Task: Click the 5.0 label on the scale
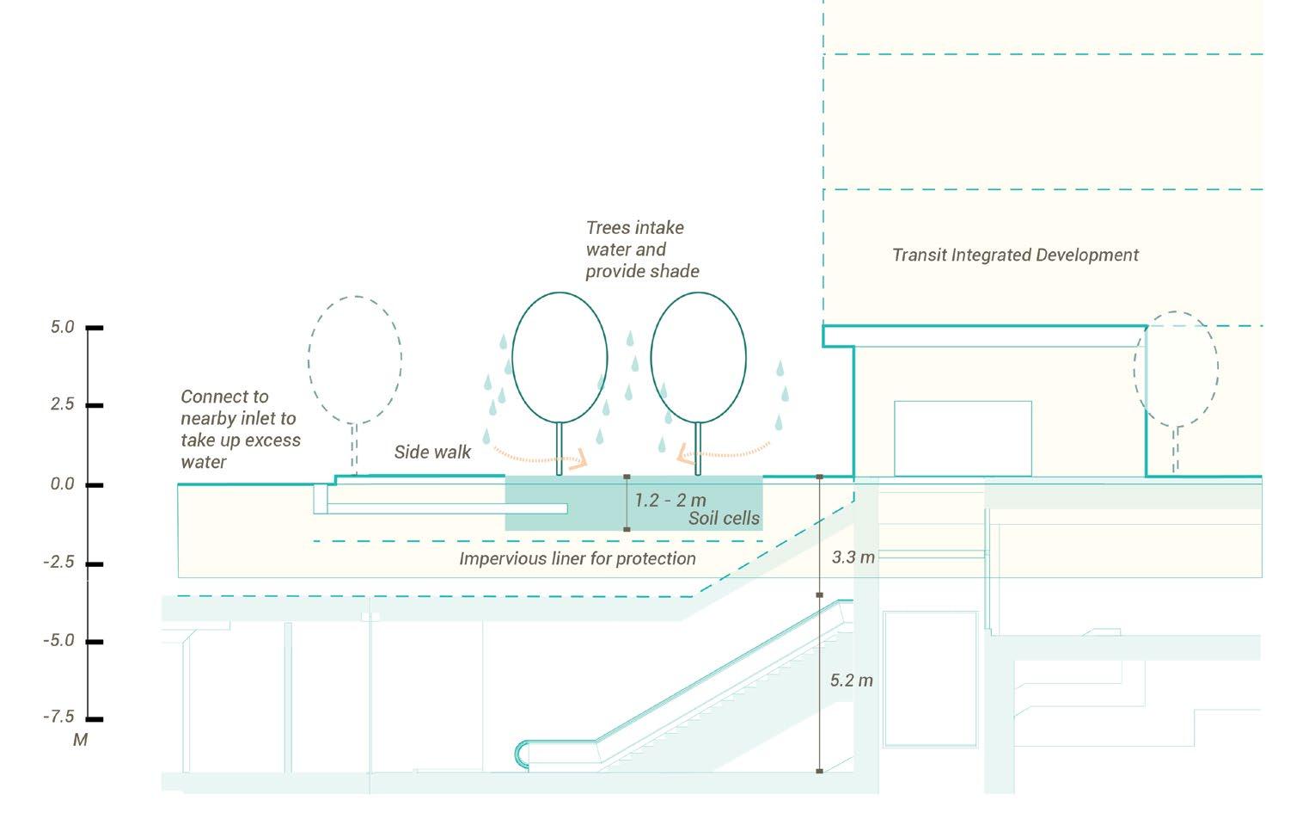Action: pyautogui.click(x=63, y=327)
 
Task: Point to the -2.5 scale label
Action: pyautogui.click(x=59, y=562)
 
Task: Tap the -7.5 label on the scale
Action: pyautogui.click(x=59, y=717)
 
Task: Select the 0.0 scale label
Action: pyautogui.click(x=63, y=483)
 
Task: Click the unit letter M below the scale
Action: pyautogui.click(x=80, y=740)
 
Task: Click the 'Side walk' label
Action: pyautogui.click(x=432, y=452)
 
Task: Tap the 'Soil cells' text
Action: pyautogui.click(x=724, y=518)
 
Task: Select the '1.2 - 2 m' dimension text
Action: pyautogui.click(x=670, y=500)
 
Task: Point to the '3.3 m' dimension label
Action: pyautogui.click(x=853, y=557)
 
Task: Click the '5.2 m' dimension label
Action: pyautogui.click(x=851, y=680)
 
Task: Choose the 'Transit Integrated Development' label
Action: pyautogui.click(x=1015, y=255)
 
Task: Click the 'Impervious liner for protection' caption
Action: pyautogui.click(x=577, y=558)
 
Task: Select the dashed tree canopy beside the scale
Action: pyautogui.click(x=355, y=360)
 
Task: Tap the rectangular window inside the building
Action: pyautogui.click(x=963, y=438)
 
